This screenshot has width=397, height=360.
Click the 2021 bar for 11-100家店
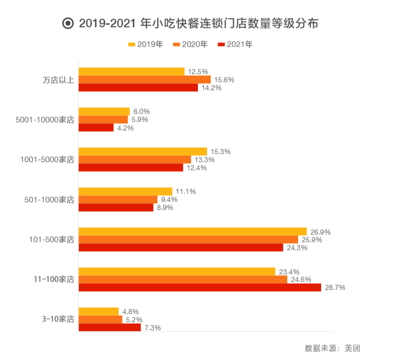[200, 288]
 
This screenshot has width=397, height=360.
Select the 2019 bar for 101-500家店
[192, 231]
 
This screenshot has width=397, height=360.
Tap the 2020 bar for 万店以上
[144, 79]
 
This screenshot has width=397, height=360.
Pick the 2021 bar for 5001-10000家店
[96, 128]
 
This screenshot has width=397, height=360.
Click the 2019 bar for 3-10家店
[98, 311]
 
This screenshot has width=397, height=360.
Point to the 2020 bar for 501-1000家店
[118, 200]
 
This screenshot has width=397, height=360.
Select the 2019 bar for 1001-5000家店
[143, 151]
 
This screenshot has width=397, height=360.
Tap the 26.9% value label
[320, 232]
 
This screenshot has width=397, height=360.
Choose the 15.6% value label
[224, 79]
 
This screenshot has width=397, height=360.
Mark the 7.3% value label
[152, 328]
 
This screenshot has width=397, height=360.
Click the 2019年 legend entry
[146, 45]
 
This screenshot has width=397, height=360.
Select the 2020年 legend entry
[190, 45]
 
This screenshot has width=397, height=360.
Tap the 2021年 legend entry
[235, 45]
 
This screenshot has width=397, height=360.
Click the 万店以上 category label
[58, 80]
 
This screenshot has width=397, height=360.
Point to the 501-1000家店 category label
[49, 200]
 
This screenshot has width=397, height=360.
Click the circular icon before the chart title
[67, 24]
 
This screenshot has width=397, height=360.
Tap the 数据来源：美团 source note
[332, 348]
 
